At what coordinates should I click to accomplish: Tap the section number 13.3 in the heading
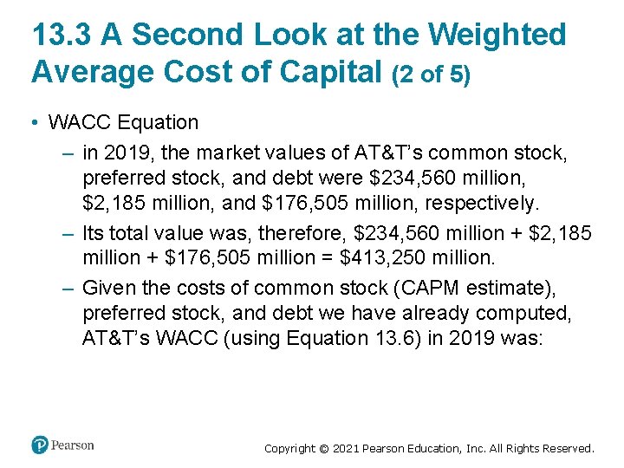[x=62, y=35]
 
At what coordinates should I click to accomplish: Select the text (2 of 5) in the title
[x=432, y=74]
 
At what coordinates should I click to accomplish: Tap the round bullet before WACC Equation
[x=33, y=123]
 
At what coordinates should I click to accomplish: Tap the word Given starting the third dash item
[x=108, y=288]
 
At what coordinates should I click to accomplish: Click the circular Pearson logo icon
[x=40, y=445]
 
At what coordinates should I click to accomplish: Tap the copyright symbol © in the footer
[x=326, y=449]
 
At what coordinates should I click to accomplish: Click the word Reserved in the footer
[x=565, y=449]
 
